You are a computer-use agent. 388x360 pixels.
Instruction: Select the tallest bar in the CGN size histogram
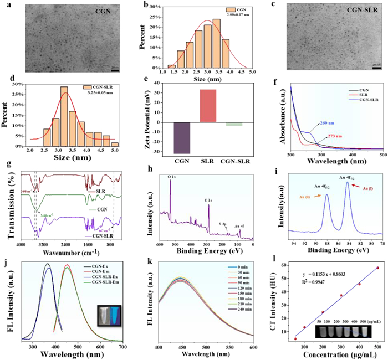pyautogui.click(x=217, y=45)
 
